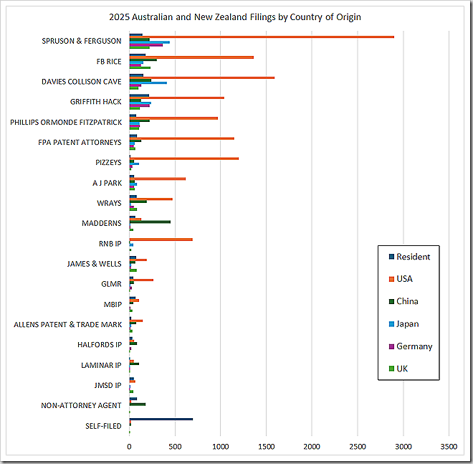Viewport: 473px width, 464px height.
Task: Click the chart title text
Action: click(236, 17)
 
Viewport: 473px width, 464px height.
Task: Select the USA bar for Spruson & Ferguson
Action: click(262, 37)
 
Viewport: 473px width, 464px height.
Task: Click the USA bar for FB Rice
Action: click(191, 57)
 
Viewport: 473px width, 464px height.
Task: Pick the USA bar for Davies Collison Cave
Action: click(201, 77)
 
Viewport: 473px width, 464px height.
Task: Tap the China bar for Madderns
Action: click(150, 222)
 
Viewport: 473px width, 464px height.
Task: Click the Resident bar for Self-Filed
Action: click(161, 420)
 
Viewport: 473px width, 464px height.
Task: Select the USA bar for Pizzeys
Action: click(184, 158)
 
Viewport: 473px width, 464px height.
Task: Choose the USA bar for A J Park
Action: click(158, 179)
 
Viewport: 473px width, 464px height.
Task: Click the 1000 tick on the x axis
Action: click(221, 446)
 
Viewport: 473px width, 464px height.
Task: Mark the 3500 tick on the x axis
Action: click(449, 446)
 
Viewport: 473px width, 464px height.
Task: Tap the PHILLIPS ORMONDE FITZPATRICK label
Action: click(66, 122)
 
